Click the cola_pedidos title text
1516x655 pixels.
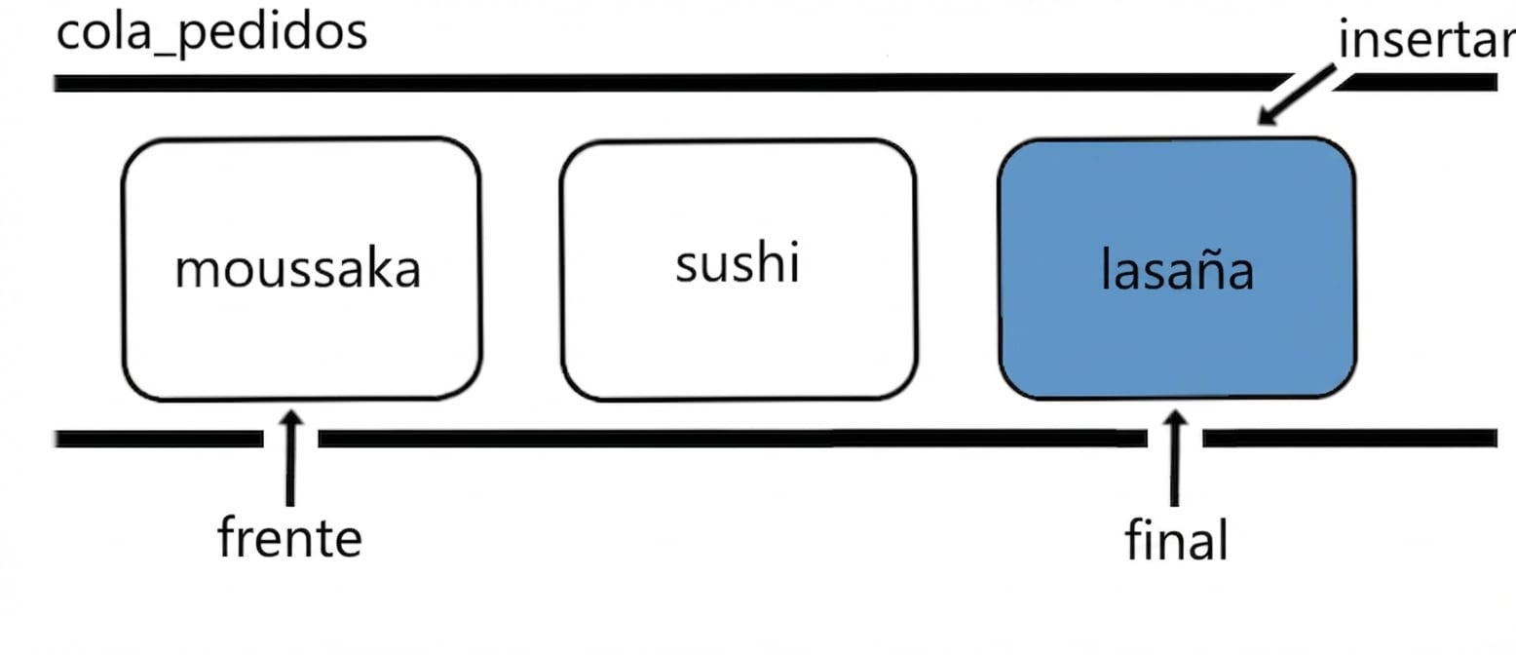[x=211, y=34]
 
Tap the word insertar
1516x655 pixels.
[x=1427, y=39]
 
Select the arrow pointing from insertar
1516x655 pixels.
[x=1297, y=95]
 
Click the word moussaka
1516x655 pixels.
[x=298, y=269]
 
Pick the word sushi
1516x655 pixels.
[x=738, y=261]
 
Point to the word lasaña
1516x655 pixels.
[x=1178, y=269]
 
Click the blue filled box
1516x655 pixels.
[x=1177, y=268]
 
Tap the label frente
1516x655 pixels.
[x=289, y=537]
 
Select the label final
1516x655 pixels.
[x=1176, y=539]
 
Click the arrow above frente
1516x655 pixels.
[x=291, y=458]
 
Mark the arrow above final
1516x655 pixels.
[x=1175, y=458]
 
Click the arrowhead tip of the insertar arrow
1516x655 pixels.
[x=1259, y=124]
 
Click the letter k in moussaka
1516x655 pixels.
[x=382, y=267]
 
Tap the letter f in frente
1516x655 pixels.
[x=228, y=536]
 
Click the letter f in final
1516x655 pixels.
[x=1135, y=538]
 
